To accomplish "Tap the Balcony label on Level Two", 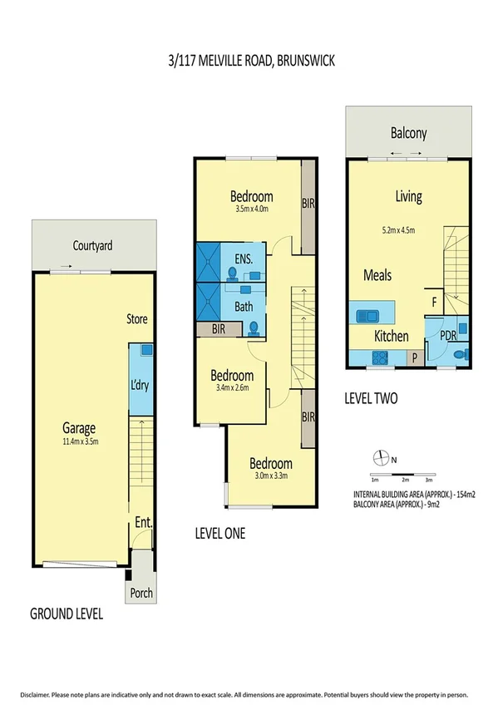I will [x=408, y=133].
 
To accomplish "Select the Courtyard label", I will [x=92, y=246].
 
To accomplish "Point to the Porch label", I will [x=140, y=593].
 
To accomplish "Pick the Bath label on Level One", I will [x=244, y=307].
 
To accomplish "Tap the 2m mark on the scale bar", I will [x=404, y=481].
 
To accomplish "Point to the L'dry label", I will [x=141, y=387].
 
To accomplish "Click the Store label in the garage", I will [x=137, y=318].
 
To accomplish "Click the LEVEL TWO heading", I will [x=371, y=398].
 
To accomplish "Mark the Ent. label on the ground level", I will [x=141, y=523].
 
